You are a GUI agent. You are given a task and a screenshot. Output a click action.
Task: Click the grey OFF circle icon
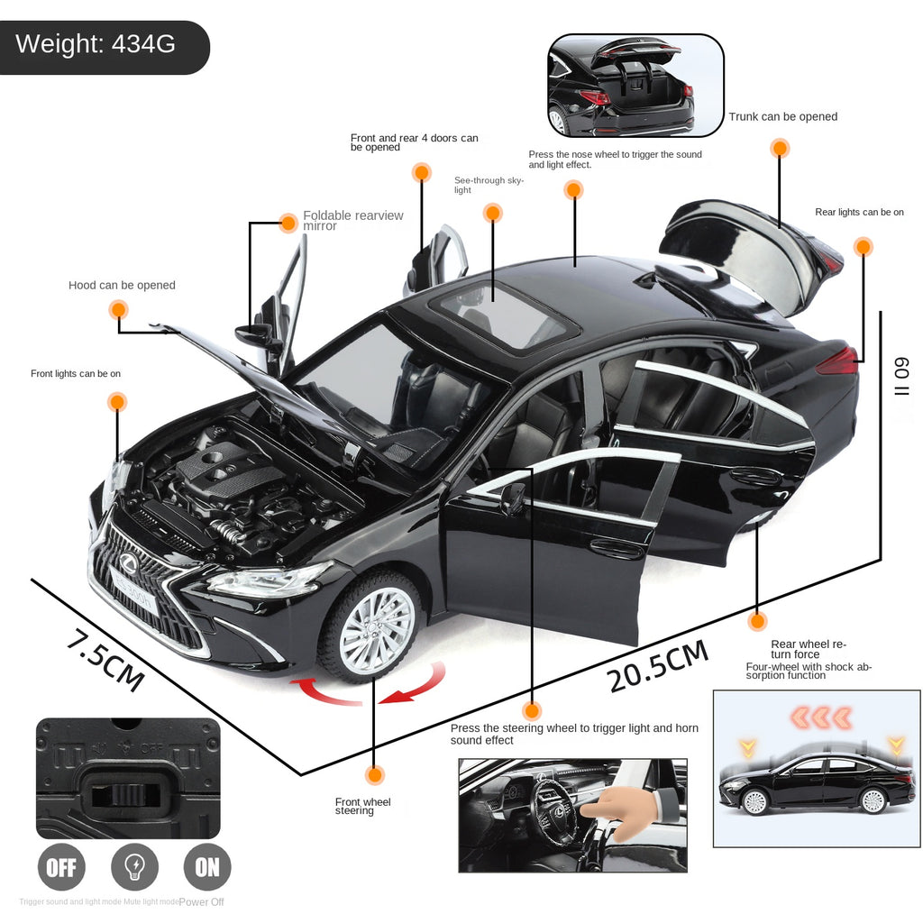(61, 867)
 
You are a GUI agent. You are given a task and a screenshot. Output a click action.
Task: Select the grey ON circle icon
(207, 867)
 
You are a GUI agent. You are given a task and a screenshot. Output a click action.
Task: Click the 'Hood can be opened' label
(122, 286)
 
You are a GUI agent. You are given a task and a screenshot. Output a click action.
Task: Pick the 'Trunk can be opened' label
(782, 116)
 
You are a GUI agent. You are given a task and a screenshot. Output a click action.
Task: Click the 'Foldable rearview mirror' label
(352, 221)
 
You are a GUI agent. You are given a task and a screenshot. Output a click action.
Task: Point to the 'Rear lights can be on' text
(859, 212)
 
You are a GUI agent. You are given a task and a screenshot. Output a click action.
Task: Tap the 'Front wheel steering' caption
(362, 806)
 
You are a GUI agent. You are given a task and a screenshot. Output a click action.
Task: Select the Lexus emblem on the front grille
(127, 564)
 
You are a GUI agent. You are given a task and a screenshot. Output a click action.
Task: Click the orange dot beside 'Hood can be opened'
(118, 310)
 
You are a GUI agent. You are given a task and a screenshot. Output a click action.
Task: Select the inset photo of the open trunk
(635, 86)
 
